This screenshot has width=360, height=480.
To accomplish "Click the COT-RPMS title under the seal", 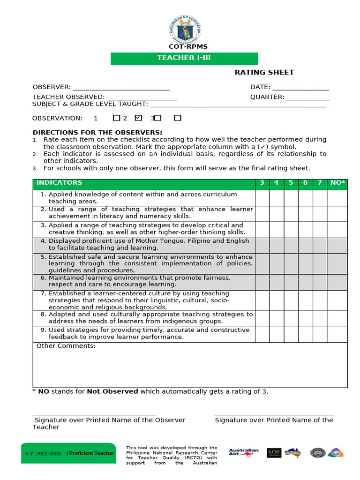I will pos(188,46).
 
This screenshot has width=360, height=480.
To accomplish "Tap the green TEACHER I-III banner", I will pos(184,58).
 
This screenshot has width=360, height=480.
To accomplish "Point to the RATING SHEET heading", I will pos(264,72).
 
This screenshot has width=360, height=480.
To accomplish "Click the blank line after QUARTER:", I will pos(308,97).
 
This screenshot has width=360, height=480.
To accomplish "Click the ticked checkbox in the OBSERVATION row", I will pos(138,118).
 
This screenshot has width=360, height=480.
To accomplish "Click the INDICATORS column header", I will pos(59,183).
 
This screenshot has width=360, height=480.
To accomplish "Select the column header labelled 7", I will pos(320,183).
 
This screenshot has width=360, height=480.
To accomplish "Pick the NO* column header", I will pos(337,183).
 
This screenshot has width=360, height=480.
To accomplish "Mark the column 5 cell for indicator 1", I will pos(291,198).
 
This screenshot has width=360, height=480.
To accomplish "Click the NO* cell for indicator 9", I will pos(337,334).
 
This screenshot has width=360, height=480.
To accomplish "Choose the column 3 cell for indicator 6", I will pos(262,281).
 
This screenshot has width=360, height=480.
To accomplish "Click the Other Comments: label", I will pos(66,346).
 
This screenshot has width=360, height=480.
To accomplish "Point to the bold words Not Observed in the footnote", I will pos(112,391).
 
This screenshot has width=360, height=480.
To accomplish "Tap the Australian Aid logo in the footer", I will pos(243,452).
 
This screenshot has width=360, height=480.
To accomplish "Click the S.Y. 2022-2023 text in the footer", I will pos(43,453).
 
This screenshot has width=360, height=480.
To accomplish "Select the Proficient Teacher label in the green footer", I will pos(90,453).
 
